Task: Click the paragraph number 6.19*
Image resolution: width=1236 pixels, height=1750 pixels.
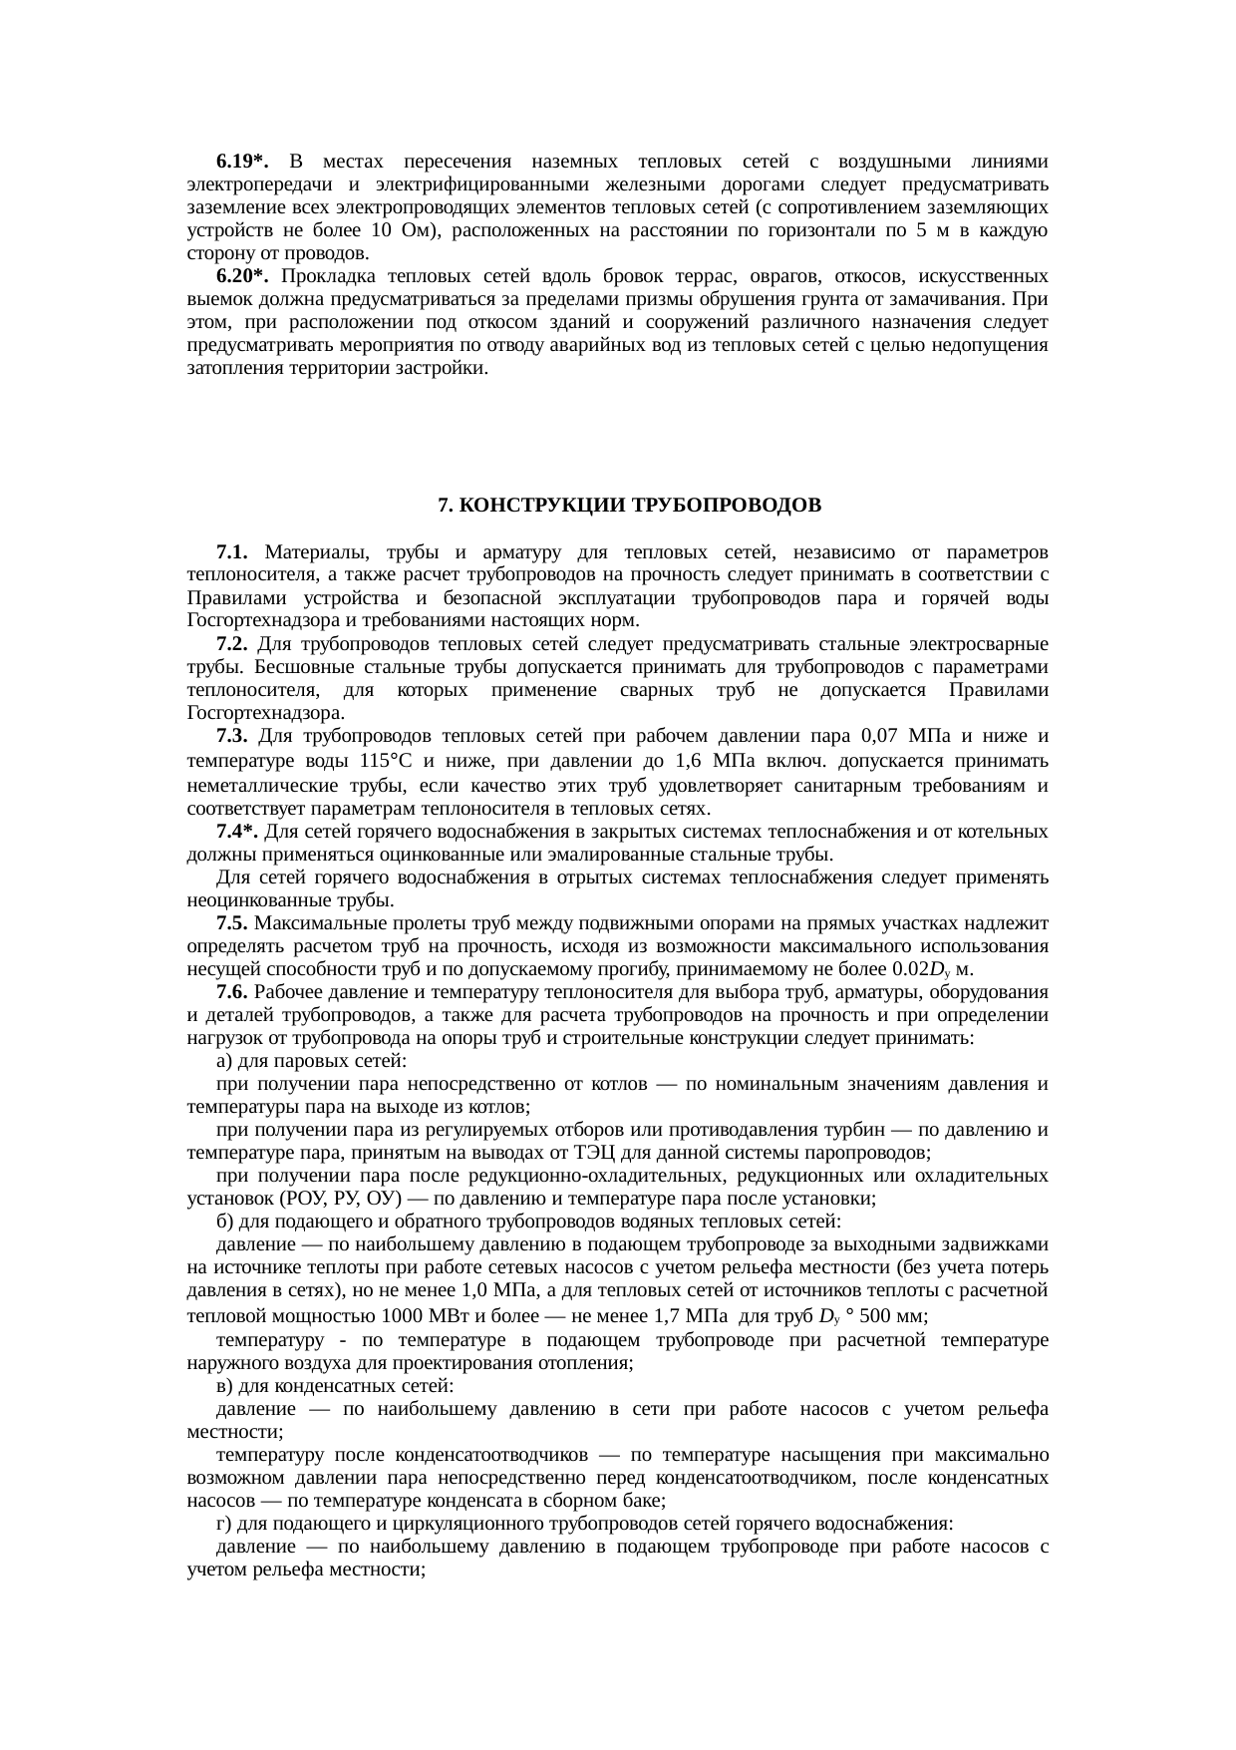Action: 242,162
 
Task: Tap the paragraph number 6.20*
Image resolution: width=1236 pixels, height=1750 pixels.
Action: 242,276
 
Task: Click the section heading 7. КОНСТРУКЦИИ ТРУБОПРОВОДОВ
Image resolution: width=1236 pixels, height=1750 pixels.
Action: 630,506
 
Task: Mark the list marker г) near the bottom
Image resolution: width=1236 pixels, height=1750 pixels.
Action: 224,1525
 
